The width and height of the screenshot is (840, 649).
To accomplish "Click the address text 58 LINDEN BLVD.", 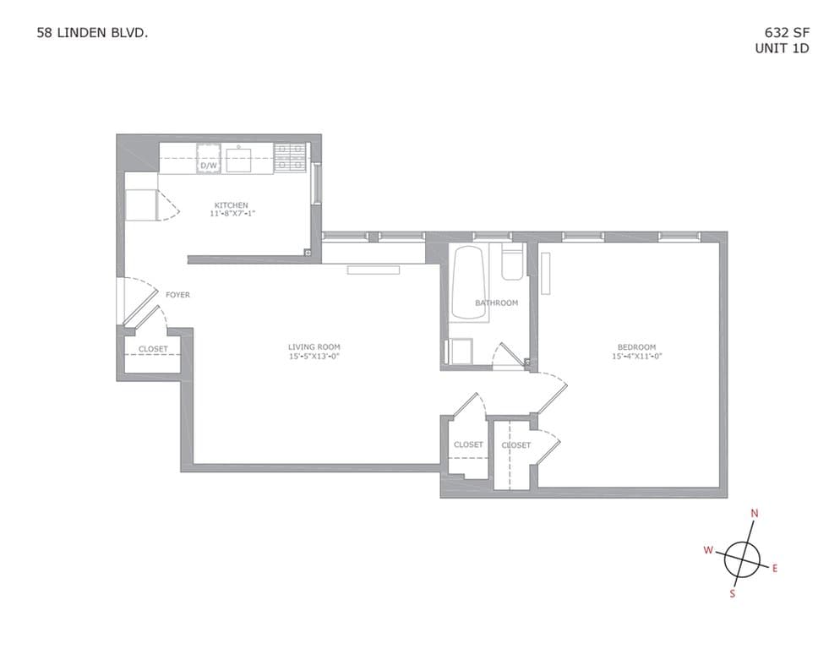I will tap(94, 34).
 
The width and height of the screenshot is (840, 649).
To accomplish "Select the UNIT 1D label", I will tap(782, 48).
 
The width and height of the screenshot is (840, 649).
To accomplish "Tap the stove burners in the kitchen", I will tap(290, 158).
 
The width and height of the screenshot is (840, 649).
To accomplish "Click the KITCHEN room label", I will tap(231, 205).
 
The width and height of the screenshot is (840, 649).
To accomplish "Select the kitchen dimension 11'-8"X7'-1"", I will tap(232, 215).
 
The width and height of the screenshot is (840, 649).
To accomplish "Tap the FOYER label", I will tap(177, 295).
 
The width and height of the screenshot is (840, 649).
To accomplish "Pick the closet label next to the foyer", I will tap(153, 349).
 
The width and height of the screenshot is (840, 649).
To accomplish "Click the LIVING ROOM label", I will tap(314, 346).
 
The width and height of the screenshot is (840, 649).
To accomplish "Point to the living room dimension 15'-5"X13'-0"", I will tap(314, 356).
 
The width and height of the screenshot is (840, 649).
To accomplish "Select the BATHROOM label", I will tap(496, 303).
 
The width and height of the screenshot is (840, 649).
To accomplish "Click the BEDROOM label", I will tap(636, 346).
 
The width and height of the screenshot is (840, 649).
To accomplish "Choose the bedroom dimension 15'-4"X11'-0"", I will tap(636, 356).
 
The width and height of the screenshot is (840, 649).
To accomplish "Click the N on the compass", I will tap(755, 513).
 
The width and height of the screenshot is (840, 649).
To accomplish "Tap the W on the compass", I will tap(708, 550).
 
